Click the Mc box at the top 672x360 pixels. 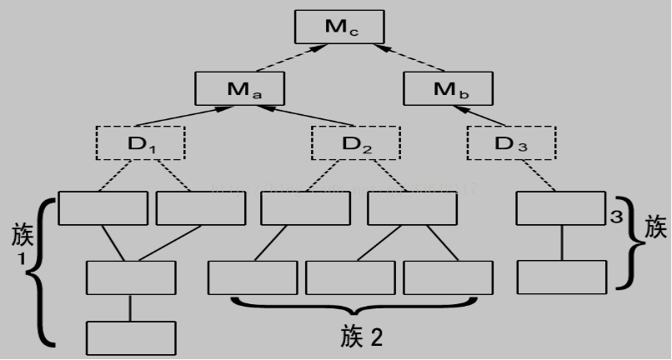click(339, 27)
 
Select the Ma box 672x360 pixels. click(240, 87)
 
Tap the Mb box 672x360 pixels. click(449, 87)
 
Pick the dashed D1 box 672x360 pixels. click(140, 143)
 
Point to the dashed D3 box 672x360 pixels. click(510, 143)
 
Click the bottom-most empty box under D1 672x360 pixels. click(131, 337)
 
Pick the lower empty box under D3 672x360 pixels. click(561, 277)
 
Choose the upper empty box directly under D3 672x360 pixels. click(561, 208)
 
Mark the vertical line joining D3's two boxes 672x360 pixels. click(561, 242)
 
